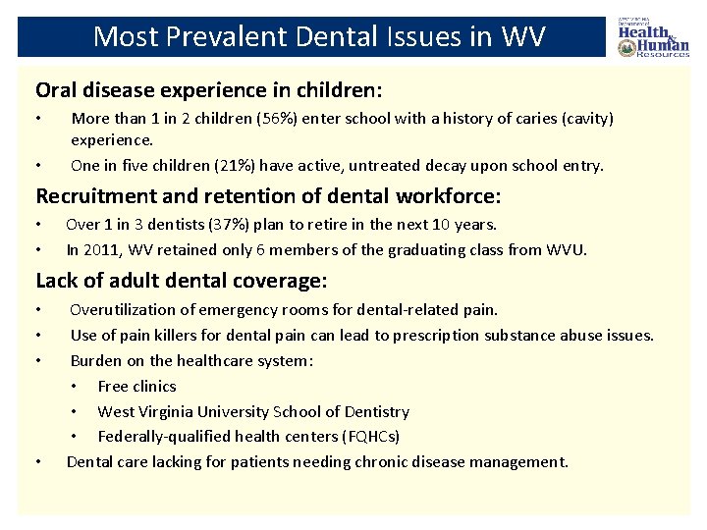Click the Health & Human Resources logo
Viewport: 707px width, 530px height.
pyautogui.click(x=653, y=36)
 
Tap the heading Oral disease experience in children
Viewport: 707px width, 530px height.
pyautogui.click(x=209, y=90)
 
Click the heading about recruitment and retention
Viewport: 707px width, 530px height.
pyautogui.click(x=268, y=195)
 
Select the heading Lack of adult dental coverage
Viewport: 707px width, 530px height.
pyautogui.click(x=182, y=281)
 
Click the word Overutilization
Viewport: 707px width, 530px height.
pyautogui.click(x=128, y=310)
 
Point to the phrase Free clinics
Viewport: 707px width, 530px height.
pyautogui.click(x=136, y=386)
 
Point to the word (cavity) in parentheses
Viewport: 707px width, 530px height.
pyautogui.click(x=583, y=119)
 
